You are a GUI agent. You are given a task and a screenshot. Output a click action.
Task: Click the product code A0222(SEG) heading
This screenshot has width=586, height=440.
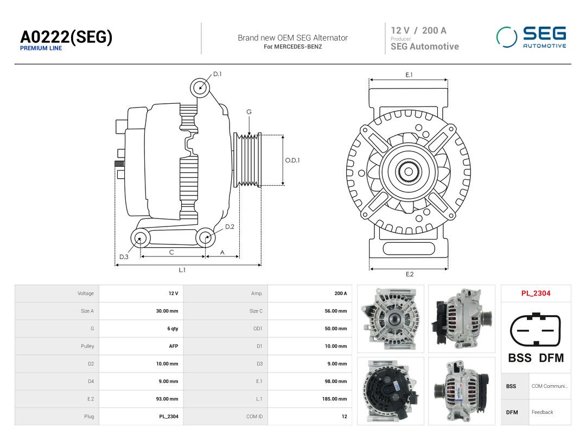[66, 37]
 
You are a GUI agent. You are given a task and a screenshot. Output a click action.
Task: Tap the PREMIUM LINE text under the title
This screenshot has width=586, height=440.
[41, 48]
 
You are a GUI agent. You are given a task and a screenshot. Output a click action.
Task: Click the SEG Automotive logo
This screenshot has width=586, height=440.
[531, 37]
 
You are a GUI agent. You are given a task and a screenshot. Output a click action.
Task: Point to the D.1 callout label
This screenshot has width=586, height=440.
[217, 74]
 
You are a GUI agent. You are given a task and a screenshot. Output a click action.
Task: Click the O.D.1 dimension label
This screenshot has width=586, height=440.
[292, 160]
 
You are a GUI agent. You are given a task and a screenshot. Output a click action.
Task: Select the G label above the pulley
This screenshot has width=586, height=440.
[249, 112]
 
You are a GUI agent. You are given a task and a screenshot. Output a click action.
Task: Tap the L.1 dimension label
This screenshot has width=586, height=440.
[182, 270]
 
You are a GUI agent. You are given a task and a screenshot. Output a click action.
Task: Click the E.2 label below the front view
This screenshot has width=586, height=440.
[410, 274]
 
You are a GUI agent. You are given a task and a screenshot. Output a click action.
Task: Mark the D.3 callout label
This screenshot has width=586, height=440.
[124, 256]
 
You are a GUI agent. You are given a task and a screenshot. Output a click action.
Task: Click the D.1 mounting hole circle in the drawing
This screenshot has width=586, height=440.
[200, 88]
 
